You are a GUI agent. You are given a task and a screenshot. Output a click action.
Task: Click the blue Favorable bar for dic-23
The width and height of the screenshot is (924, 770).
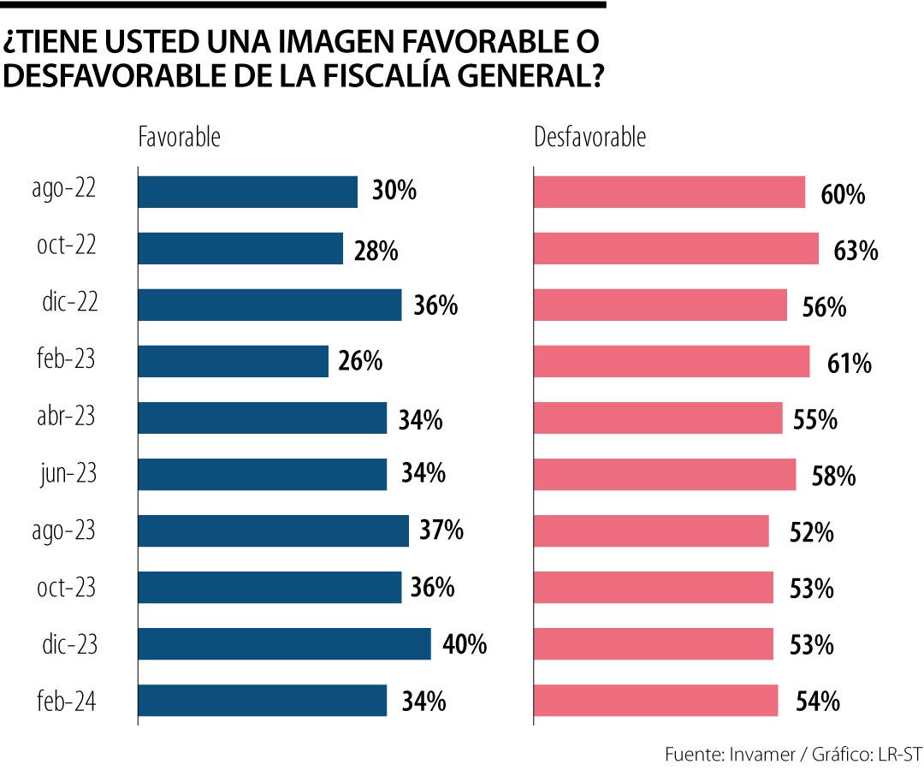tap(284, 644)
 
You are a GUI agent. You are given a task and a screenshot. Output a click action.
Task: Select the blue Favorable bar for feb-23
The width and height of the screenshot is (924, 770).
tap(233, 361)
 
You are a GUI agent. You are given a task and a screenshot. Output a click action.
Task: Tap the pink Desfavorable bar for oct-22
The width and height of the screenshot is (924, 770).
tap(676, 248)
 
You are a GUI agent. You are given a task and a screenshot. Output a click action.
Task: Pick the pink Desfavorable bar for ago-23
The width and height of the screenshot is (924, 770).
tap(651, 531)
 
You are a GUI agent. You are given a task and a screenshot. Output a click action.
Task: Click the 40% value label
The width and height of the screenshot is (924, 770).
tap(465, 644)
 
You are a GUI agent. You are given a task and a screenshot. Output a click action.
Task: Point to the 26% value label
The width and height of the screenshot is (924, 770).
tap(360, 362)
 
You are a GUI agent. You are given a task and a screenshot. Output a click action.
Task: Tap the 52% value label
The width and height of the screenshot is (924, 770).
tap(812, 534)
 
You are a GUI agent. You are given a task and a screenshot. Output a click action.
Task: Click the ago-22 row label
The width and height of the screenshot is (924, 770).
tap(65, 189)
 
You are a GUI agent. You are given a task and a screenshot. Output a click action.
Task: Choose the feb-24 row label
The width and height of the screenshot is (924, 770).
tap(67, 702)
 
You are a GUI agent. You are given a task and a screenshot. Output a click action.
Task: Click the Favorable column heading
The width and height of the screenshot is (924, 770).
tap(179, 137)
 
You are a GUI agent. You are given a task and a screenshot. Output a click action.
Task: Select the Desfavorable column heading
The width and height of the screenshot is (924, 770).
tap(589, 137)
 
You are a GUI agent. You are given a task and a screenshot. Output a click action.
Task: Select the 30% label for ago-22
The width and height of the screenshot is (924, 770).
tap(394, 192)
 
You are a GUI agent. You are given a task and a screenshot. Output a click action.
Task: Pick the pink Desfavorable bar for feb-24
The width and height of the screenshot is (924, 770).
tap(655, 701)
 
